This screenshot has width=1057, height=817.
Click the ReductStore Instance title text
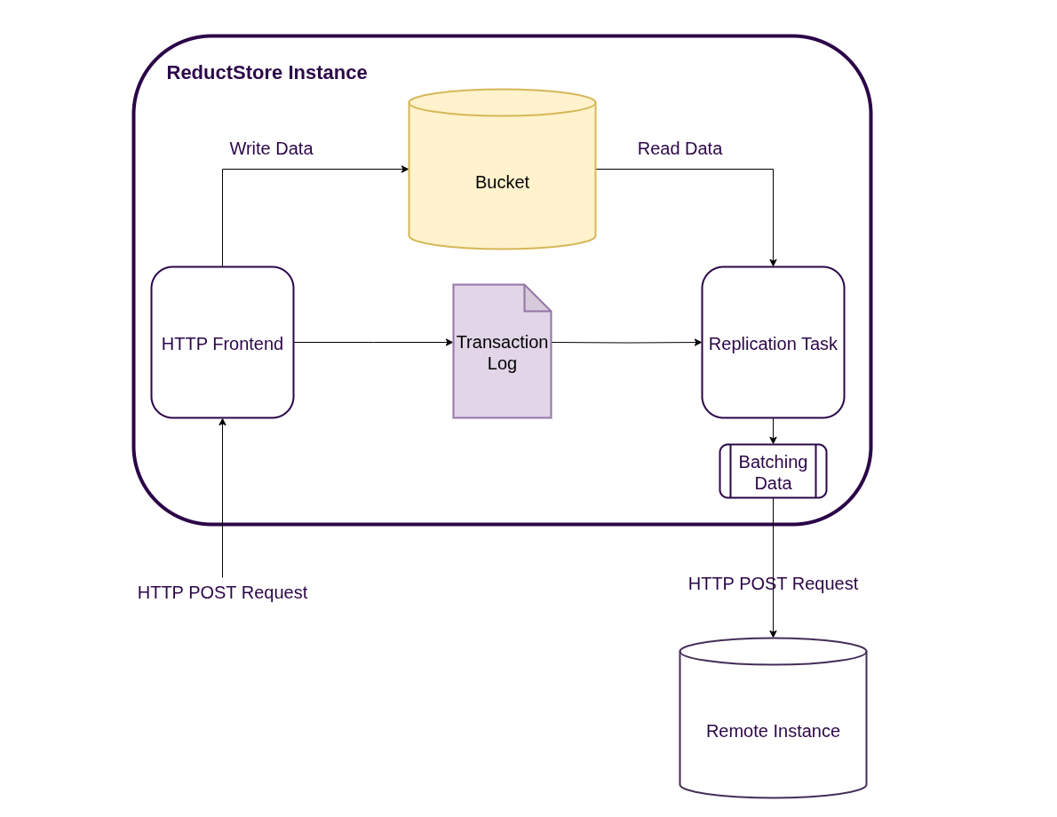266,73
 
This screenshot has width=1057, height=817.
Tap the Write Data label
271,148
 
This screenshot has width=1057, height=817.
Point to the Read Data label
679,148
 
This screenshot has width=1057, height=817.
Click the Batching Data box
773,472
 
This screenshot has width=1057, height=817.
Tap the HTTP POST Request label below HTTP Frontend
222,592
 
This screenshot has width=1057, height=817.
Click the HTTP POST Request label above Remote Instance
773,583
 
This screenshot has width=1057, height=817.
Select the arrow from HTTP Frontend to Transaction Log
373,342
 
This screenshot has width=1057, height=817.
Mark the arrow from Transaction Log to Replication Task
626,342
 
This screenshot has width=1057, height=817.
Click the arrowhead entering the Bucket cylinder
405,169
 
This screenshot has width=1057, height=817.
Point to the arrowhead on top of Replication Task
773,263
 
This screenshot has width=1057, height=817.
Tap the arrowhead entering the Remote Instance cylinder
773,634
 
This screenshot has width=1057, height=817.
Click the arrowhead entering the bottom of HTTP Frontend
222,422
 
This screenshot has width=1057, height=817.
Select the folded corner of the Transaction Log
536,300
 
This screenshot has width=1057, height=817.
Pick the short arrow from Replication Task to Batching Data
773,431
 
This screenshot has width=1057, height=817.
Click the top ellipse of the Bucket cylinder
502,102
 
